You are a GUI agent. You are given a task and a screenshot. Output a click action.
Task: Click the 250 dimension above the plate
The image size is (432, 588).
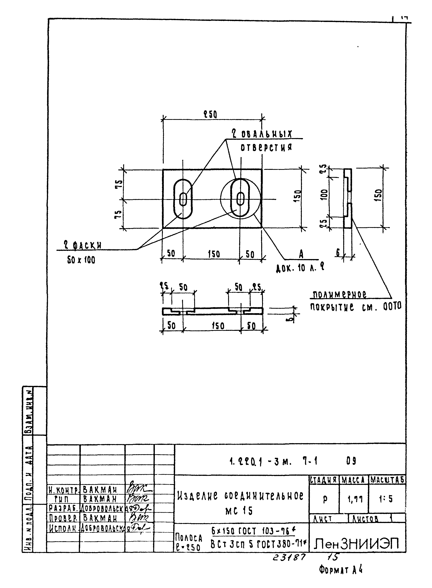[211, 114]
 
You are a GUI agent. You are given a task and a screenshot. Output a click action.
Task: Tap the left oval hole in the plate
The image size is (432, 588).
[183, 199]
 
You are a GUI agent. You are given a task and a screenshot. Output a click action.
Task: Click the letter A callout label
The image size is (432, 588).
[301, 253]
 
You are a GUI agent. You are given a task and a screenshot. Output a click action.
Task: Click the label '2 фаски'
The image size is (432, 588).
[83, 245]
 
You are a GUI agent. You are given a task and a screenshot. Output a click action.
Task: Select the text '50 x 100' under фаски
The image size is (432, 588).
[81, 260]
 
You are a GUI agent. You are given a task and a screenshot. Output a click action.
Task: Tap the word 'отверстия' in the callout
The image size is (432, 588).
[266, 148]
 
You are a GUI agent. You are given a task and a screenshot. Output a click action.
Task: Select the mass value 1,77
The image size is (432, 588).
[355, 500]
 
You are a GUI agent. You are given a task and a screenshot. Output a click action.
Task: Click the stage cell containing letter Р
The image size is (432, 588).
[325, 500]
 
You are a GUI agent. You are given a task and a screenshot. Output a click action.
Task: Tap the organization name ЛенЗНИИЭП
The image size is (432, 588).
[357, 544]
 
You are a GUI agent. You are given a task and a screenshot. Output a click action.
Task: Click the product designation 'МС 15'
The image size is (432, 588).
[239, 511]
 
